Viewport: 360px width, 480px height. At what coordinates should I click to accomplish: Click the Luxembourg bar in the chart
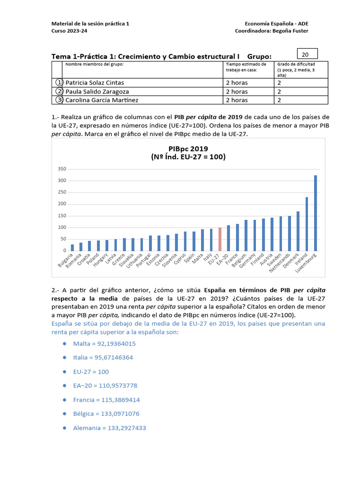click(315, 213)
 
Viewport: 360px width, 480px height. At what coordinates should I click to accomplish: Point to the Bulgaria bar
click(72, 247)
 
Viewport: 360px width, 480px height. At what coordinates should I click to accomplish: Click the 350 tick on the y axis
click(62, 169)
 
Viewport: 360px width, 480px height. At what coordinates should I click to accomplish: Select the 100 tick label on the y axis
click(62, 227)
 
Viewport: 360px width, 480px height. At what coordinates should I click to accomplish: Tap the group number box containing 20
click(307, 54)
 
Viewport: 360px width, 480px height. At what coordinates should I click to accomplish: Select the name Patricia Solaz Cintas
click(95, 83)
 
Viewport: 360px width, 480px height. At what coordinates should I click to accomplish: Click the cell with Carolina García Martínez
click(102, 100)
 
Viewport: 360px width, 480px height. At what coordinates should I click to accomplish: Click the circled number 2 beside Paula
click(59, 91)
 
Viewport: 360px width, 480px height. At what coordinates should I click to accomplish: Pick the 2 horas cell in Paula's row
click(237, 91)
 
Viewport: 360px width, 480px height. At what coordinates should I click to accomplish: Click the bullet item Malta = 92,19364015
click(104, 344)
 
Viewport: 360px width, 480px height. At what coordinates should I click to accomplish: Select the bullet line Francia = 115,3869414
click(106, 400)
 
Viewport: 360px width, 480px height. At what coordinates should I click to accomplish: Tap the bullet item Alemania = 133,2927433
click(110, 428)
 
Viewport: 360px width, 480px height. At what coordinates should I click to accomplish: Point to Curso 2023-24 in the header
click(69, 31)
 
